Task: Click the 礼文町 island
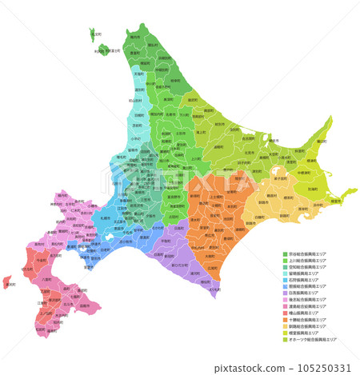96,34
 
